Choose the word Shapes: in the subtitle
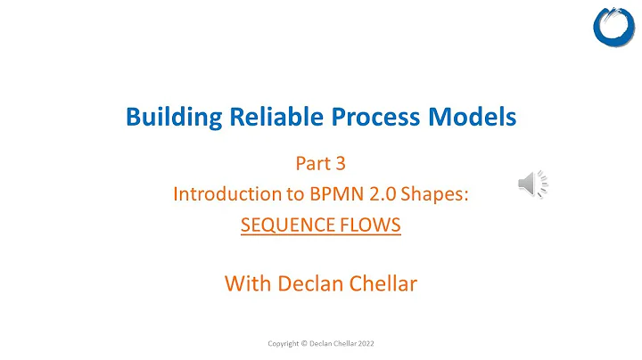[432, 194]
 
